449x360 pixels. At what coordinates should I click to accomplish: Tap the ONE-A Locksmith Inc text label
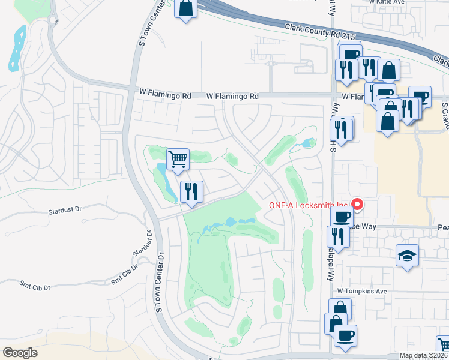[308, 205]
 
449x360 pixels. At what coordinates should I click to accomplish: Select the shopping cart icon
[178, 160]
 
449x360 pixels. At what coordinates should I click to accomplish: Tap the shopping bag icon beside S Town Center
[186, 10]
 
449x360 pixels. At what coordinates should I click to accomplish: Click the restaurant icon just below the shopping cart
[191, 192]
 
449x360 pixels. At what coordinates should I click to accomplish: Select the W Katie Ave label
[387, 2]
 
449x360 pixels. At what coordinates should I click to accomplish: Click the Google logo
[20, 353]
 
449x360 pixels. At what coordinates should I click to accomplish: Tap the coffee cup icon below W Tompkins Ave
[345, 335]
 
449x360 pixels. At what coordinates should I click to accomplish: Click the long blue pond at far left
[16, 48]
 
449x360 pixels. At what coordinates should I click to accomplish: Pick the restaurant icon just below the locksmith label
[340, 235]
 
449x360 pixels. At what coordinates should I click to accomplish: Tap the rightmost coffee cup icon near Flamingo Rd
[421, 97]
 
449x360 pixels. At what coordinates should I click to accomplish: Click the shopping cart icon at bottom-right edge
[444, 345]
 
